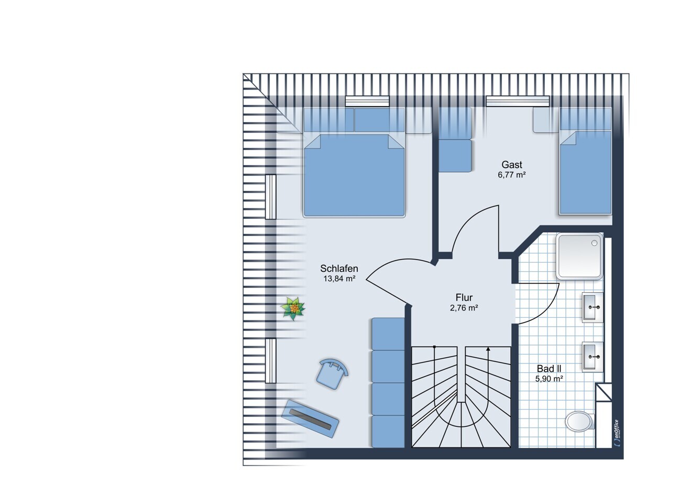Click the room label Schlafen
pyautogui.click(x=339, y=269)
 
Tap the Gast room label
pyautogui.click(x=512, y=165)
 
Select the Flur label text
pyautogui.click(x=464, y=297)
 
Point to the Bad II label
pyautogui.click(x=549, y=369)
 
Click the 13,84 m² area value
pyautogui.click(x=339, y=279)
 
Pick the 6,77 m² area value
pyautogui.click(x=512, y=175)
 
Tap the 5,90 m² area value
pyautogui.click(x=549, y=379)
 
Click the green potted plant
pyautogui.click(x=293, y=308)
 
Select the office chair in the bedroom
pyautogui.click(x=332, y=373)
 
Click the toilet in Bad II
pyautogui.click(x=580, y=421)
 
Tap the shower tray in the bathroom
pyautogui.click(x=579, y=256)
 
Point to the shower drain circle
pyautogui.click(x=594, y=243)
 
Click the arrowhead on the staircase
pyautogui.click(x=488, y=349)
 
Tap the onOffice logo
pyautogui.click(x=616, y=434)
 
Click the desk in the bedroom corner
pyautogui.click(x=310, y=419)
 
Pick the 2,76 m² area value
pyautogui.click(x=464, y=308)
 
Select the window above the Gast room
pyautogui.click(x=518, y=101)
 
